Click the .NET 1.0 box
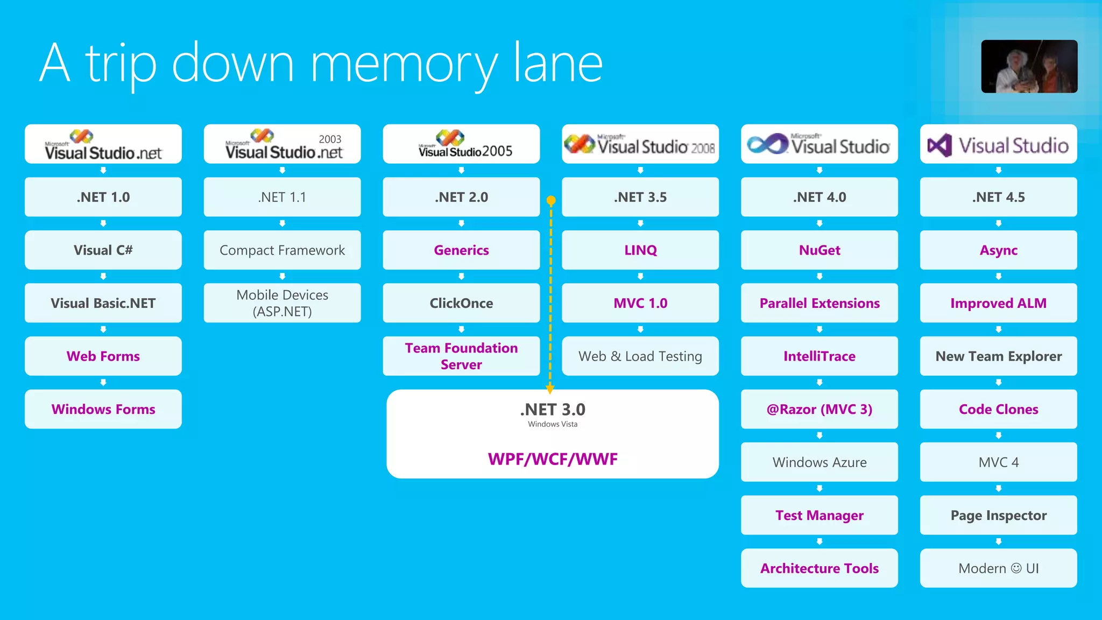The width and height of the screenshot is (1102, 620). coord(103,197)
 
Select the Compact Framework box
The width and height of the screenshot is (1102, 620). coord(282,250)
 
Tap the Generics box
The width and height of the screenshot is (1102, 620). coord(461,250)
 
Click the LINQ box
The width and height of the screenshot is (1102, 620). coord(640,250)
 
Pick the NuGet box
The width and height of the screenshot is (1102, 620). coord(819,250)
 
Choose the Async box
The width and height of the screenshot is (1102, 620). coord(998,250)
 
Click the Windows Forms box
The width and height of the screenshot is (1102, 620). coord(103,409)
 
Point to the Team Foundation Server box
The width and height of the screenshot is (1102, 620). coord(461,356)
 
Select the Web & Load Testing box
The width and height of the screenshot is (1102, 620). coord(640,356)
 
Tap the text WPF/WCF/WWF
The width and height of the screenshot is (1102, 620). coord(553,459)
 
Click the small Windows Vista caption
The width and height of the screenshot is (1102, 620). coord(553,424)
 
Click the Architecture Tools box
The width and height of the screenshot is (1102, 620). coord(819,568)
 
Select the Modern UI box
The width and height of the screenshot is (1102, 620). coord(998,568)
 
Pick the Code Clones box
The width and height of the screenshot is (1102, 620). coord(998,409)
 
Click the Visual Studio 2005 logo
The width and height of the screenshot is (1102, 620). coord(461,144)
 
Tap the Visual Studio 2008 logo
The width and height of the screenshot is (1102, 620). coord(640,144)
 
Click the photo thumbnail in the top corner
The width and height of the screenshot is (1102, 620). coord(1029,66)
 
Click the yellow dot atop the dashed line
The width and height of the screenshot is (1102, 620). coord(551,201)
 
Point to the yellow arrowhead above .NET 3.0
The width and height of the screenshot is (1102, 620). coord(550,388)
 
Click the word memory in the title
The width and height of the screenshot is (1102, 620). coord(404,65)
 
